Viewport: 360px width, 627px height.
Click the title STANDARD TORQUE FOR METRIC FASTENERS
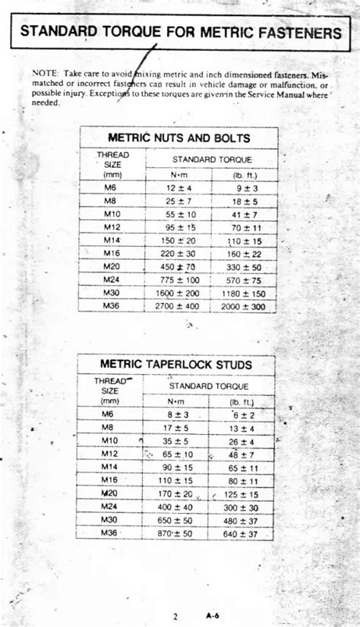181,33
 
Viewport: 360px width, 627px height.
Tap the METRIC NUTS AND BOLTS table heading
179,138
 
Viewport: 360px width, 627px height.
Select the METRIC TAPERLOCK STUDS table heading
177,364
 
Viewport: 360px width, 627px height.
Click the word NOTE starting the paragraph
43,73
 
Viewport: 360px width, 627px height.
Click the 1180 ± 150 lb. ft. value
245,293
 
